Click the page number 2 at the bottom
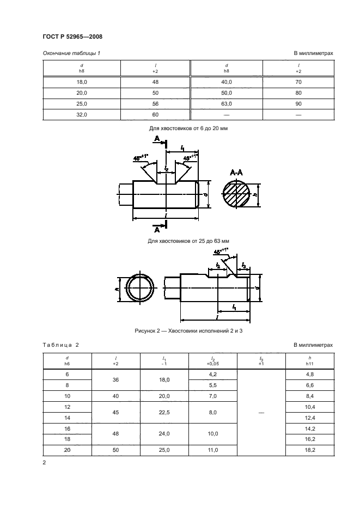[x=44, y=463]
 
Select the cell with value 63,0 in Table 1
[x=226, y=103]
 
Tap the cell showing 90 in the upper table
[x=298, y=103]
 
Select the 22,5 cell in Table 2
[x=164, y=413]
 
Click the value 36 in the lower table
[x=115, y=380]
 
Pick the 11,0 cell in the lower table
[x=213, y=451]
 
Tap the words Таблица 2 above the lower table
[x=60, y=345]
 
